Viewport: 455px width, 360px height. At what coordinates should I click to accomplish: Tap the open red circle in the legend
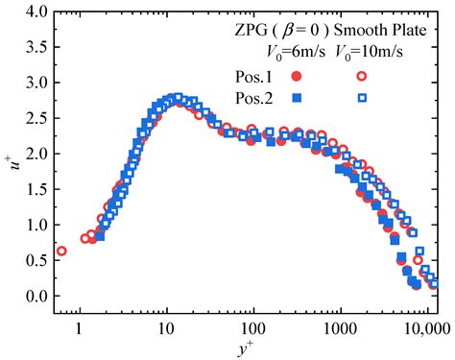click(362, 76)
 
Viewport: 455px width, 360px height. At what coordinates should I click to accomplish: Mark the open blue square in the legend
click(362, 98)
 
